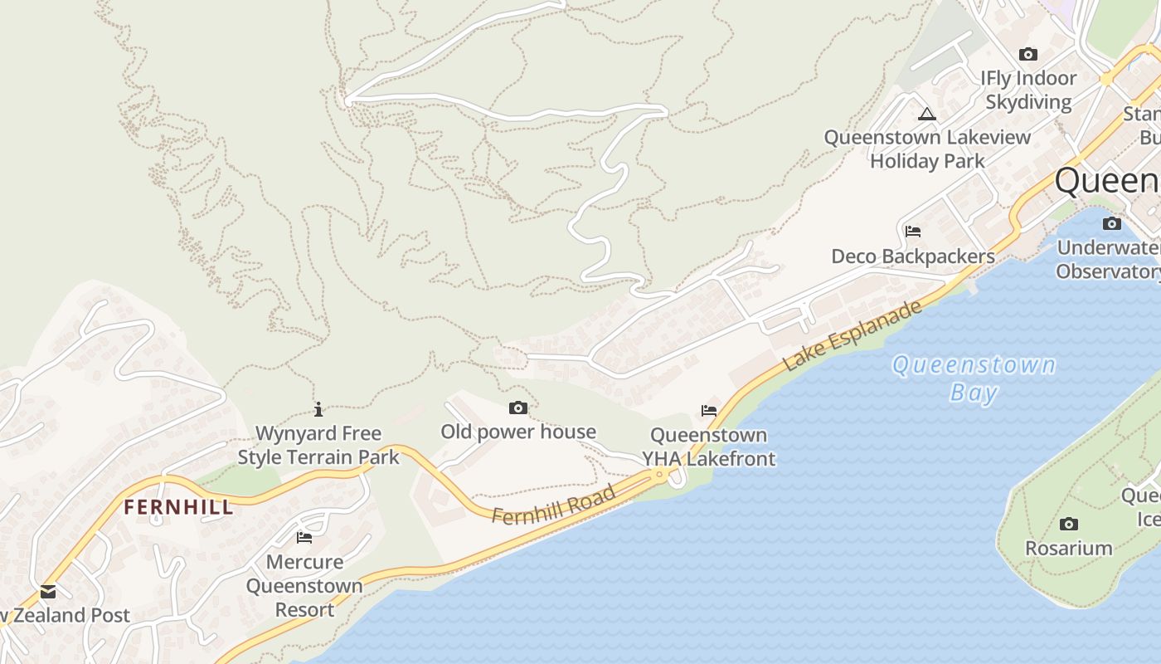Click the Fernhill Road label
(553, 505)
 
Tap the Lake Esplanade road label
(852, 335)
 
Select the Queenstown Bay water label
(974, 378)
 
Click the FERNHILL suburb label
(178, 507)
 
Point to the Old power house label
(518, 432)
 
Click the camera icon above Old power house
(518, 408)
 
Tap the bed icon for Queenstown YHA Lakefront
(709, 410)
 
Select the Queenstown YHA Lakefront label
(709, 447)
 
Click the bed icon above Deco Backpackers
(913, 231)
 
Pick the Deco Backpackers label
(913, 256)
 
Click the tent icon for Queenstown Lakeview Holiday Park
(927, 114)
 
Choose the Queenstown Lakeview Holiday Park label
(927, 149)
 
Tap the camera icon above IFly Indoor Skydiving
(1028, 55)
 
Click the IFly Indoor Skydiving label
(1028, 90)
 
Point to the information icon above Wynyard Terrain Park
(318, 409)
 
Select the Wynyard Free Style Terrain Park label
(318, 445)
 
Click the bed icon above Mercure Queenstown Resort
(304, 537)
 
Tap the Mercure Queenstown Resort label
(304, 585)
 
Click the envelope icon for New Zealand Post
(48, 592)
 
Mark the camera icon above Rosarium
(1069, 524)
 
